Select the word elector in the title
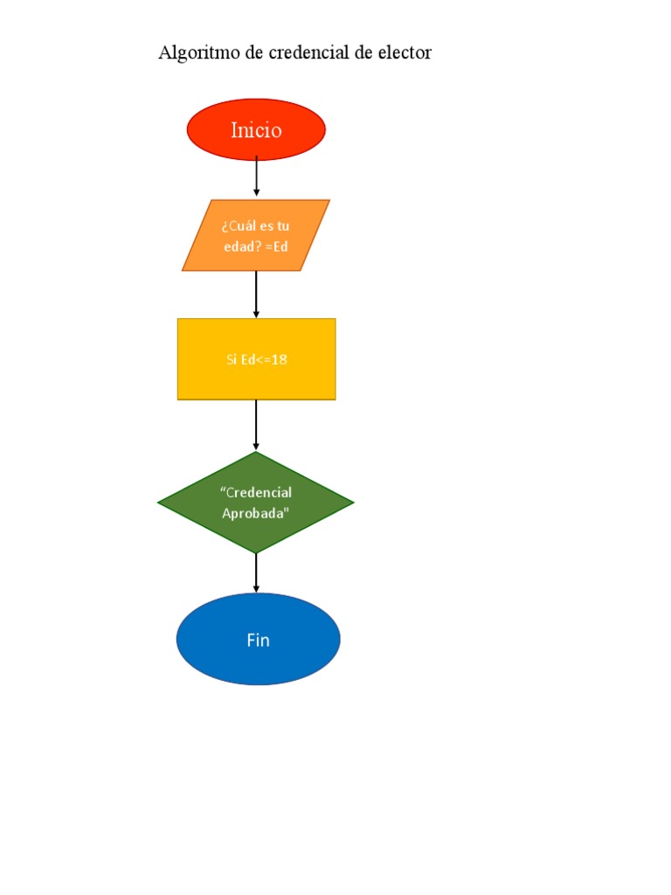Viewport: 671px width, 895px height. (403, 53)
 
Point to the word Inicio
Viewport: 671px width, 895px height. (256, 130)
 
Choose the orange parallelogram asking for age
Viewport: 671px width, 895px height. (256, 235)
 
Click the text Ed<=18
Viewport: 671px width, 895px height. (264, 359)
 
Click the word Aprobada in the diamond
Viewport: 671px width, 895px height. (255, 513)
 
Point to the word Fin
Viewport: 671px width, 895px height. (258, 640)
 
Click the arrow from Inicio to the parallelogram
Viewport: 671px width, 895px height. (256, 177)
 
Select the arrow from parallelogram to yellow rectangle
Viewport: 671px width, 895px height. (256, 295)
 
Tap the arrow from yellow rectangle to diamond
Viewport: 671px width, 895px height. (256, 425)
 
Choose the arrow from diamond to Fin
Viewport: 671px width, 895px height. (256, 573)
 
